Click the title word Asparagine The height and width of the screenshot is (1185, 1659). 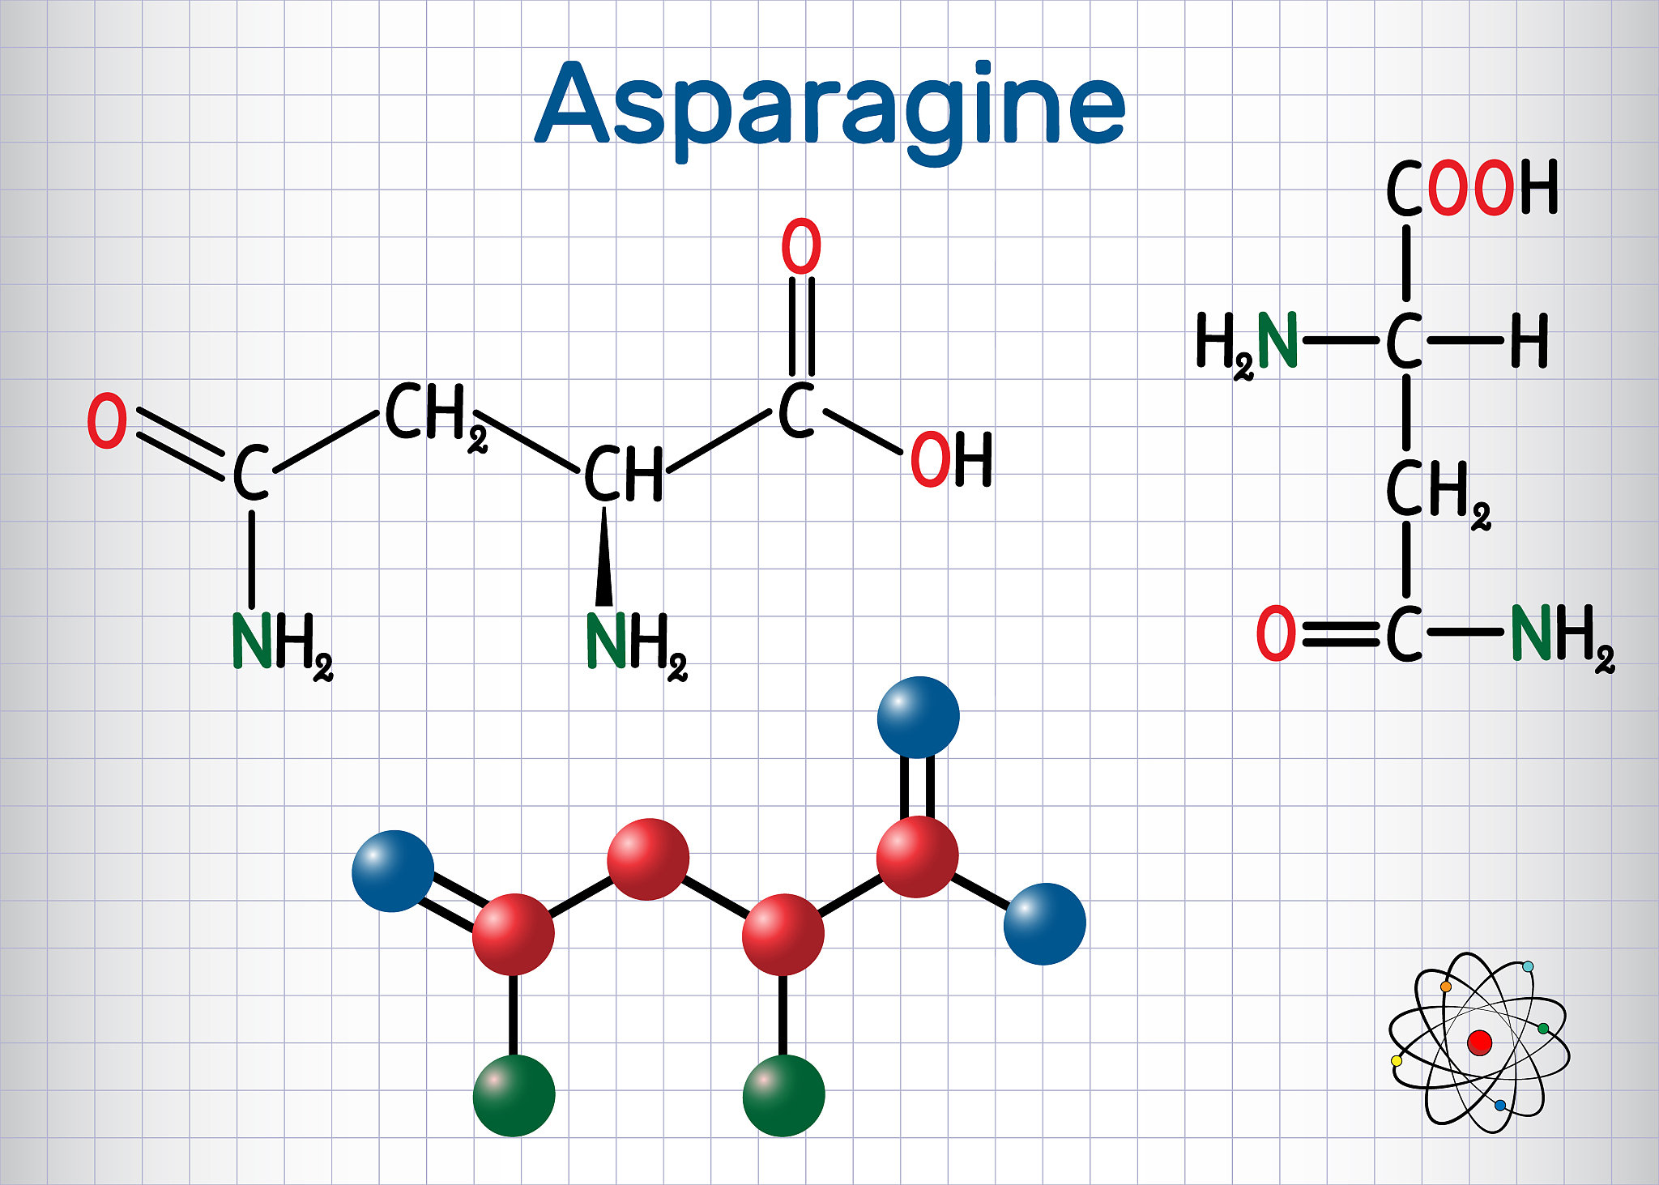830,109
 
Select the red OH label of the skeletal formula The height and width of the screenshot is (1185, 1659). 952,459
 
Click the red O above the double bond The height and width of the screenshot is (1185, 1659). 801,246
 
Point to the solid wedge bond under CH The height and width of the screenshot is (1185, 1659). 604,556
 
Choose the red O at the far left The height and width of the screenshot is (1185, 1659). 107,421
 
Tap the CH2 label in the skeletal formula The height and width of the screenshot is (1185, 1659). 436,416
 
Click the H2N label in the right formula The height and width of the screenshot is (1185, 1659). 1247,345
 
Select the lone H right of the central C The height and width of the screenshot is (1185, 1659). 1529,341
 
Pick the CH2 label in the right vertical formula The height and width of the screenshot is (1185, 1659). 1439,493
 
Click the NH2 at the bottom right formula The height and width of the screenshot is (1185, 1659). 1563,638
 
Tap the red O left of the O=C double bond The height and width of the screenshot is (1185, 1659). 1276,633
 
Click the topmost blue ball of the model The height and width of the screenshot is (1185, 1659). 919,718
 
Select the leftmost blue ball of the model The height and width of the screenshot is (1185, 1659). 393,872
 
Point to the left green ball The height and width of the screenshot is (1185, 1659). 514,1095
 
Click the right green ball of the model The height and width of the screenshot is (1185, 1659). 783,1095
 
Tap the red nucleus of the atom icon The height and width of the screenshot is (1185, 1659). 1479,1042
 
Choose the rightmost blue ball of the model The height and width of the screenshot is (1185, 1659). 1045,923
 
